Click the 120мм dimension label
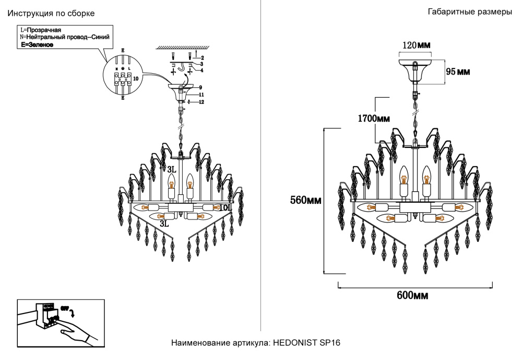coord(416,45)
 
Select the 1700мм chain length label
coord(374,119)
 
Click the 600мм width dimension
coord(412,296)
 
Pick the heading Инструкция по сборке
coord(51,13)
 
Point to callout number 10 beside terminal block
coord(136,78)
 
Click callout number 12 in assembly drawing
coord(201,102)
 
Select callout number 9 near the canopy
coord(200,87)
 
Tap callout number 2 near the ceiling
coord(201,57)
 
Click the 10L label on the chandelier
coord(224,208)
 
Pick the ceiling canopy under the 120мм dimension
coord(416,68)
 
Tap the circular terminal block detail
coord(123,76)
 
